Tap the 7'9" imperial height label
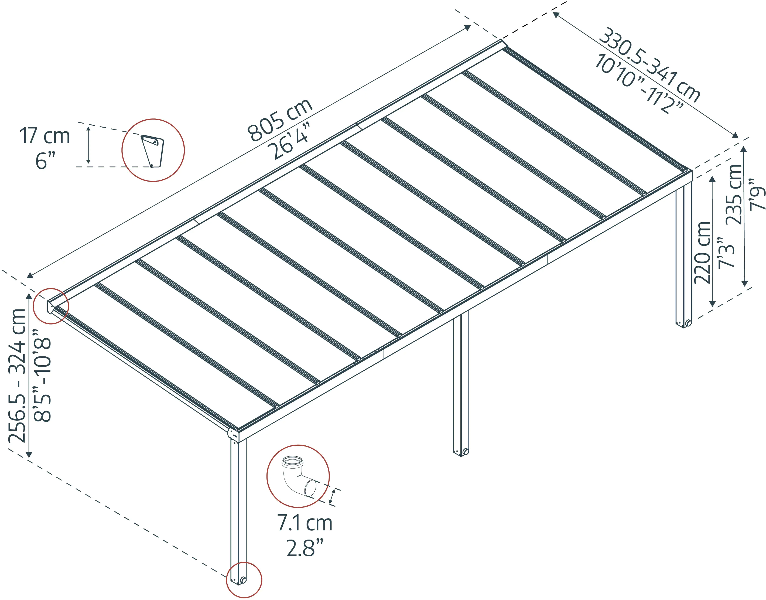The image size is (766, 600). (757, 195)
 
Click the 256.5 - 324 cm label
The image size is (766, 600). (17, 376)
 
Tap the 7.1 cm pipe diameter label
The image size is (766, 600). (305, 523)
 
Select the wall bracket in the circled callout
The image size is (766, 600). (153, 151)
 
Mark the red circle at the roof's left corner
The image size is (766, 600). (51, 306)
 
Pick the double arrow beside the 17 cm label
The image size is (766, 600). (88, 145)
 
